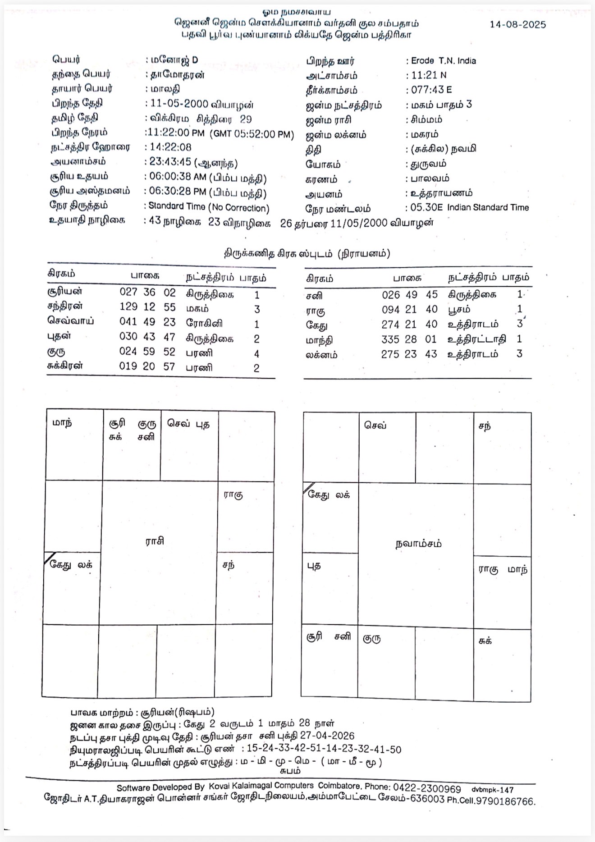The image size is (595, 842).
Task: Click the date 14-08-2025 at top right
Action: [517, 25]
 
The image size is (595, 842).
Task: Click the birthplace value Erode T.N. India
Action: [443, 61]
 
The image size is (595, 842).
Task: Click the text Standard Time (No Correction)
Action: [209, 207]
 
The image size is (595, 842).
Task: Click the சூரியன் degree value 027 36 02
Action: [147, 292]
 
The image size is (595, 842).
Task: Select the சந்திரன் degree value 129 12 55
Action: [147, 307]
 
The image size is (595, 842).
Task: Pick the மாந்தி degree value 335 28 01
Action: [409, 339]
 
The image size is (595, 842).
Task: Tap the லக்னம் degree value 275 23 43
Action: [409, 354]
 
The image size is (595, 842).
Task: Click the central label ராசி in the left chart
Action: [155, 541]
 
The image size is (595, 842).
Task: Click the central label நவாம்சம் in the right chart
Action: [418, 544]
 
